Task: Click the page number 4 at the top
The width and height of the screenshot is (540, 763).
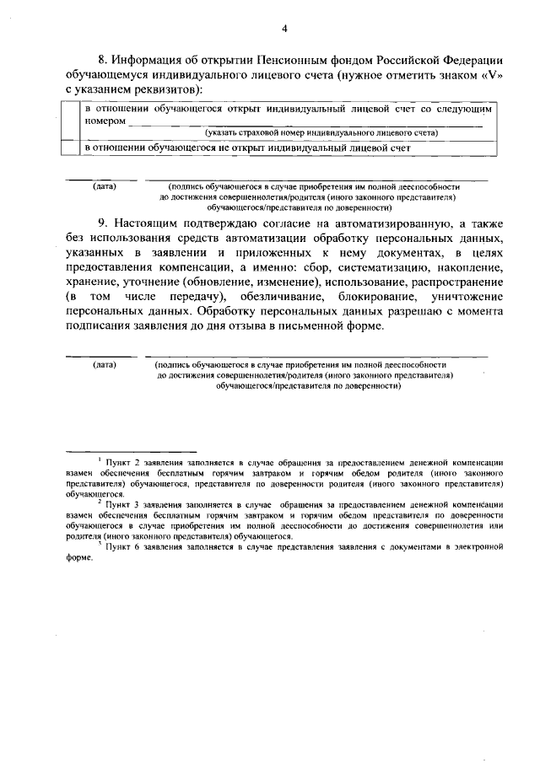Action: (x=284, y=29)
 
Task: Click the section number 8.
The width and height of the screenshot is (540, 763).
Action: (x=103, y=60)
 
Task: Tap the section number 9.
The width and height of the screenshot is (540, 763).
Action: (x=103, y=223)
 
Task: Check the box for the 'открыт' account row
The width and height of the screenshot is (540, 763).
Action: (x=74, y=121)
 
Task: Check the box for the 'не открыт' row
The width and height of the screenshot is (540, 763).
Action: (x=74, y=148)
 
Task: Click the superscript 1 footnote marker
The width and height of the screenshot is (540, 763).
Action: (x=100, y=459)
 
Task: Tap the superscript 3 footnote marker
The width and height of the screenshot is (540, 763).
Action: (x=100, y=543)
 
